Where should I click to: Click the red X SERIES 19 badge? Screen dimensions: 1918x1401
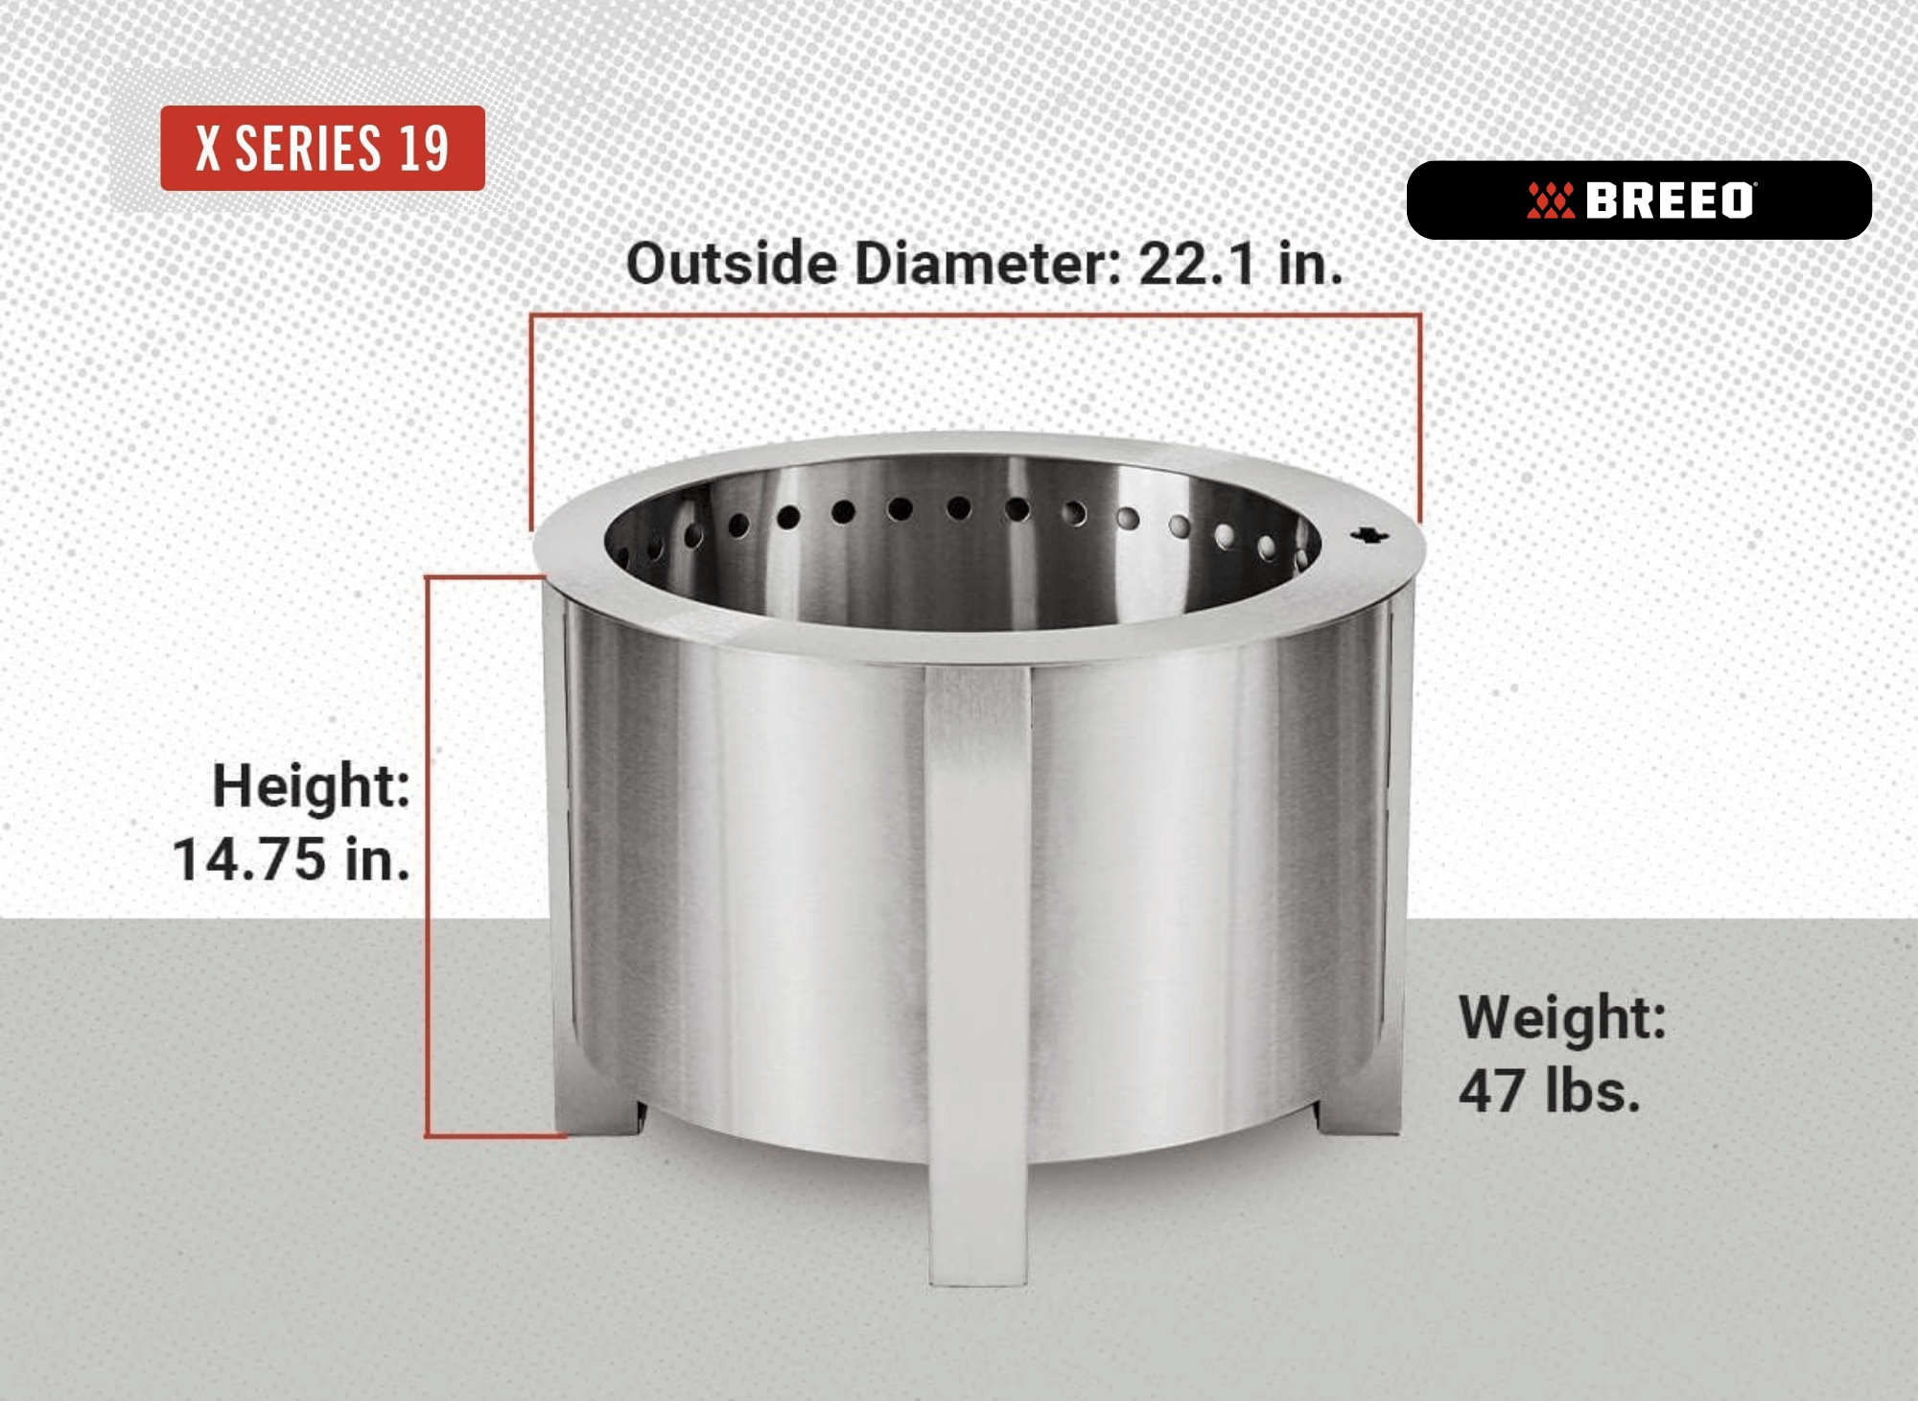point(322,148)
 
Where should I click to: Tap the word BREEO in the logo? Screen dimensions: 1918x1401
point(1670,201)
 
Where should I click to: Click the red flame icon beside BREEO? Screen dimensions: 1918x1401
point(1551,200)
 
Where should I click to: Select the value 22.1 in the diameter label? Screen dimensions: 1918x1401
point(1196,264)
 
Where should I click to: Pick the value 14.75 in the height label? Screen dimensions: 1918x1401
point(250,859)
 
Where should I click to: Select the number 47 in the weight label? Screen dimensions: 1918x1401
point(1491,1091)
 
